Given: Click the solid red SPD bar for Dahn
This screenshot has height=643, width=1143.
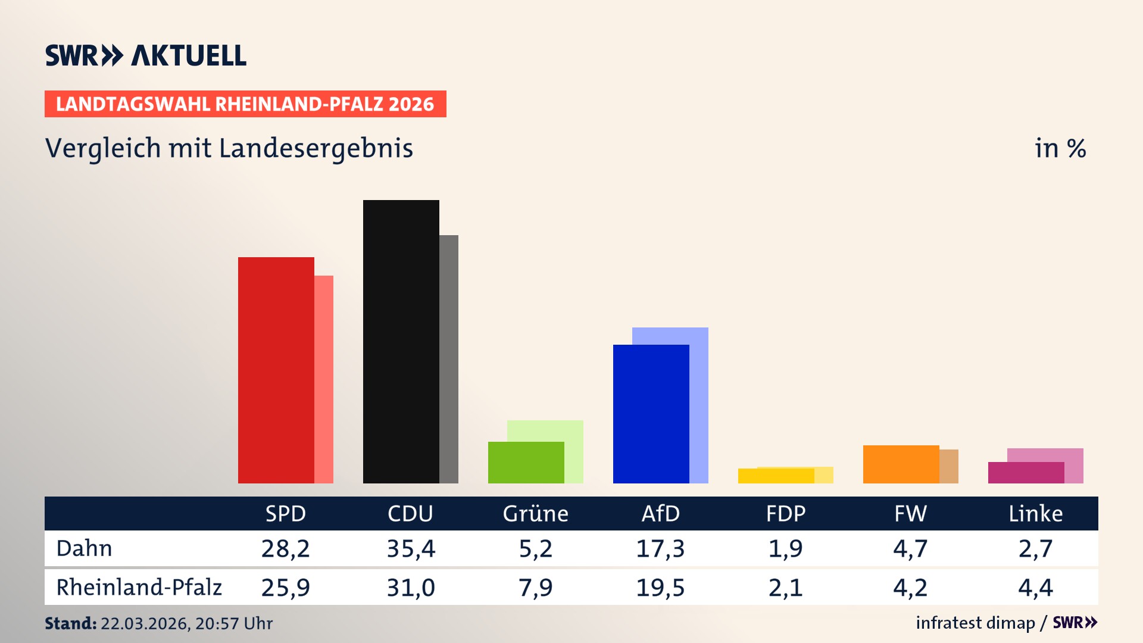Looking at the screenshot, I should (x=276, y=370).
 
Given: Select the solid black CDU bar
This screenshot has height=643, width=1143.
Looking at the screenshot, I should (x=401, y=341).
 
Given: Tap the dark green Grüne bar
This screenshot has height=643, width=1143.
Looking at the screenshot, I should (x=526, y=463).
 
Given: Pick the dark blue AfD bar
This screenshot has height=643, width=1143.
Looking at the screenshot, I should (x=651, y=414).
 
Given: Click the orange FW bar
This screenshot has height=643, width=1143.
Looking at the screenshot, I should (x=901, y=464).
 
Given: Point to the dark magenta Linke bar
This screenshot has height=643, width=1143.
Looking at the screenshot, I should (x=1026, y=473).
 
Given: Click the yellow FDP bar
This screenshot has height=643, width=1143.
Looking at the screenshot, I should (x=776, y=476).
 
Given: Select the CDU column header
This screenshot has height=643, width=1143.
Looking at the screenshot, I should (x=410, y=514).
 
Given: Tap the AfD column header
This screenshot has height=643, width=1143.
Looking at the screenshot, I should (x=660, y=514).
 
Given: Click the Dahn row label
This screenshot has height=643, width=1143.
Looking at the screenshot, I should (x=84, y=548).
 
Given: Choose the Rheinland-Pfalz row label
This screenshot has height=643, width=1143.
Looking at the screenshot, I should (x=139, y=588).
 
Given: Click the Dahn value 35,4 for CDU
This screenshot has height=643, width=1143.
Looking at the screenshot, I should (x=411, y=548).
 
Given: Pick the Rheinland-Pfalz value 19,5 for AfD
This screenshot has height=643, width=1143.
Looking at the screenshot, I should (x=660, y=588).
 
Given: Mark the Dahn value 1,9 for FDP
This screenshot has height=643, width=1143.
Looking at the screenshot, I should (x=785, y=548).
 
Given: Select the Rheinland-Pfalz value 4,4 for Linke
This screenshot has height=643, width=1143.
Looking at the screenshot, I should (x=1035, y=588).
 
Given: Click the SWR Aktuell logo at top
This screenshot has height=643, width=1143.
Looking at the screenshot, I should (x=146, y=55).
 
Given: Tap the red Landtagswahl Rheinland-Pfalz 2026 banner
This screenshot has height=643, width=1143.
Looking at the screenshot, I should (x=245, y=104).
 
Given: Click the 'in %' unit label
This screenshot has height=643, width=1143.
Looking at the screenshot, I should (x=1060, y=148).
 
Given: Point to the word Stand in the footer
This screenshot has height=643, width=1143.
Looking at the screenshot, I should (x=70, y=623).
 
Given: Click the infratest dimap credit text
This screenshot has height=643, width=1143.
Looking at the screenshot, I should (x=975, y=623).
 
